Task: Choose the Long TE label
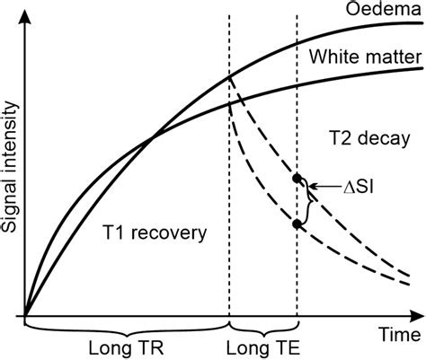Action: point(263,347)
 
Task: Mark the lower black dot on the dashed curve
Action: point(297,224)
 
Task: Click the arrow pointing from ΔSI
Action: point(320,186)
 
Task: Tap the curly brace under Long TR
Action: point(128,326)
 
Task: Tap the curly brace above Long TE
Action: point(263,326)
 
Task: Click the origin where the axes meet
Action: point(27,316)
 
